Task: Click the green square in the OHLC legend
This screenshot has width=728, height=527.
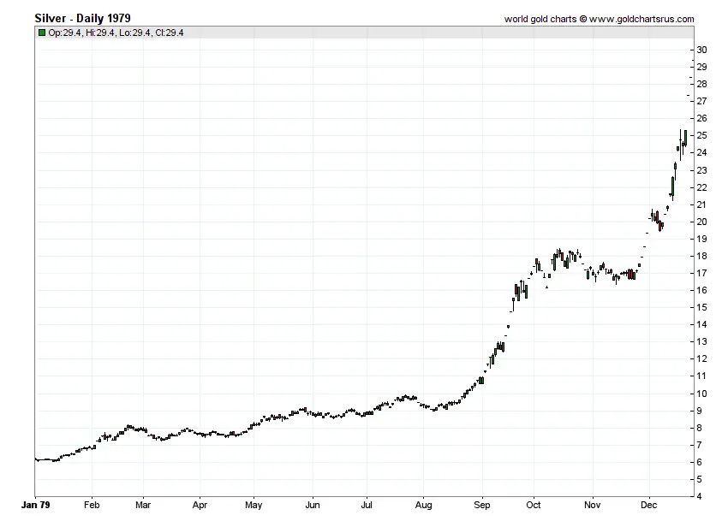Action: click(42, 33)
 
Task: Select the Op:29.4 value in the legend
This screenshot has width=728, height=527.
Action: click(66, 33)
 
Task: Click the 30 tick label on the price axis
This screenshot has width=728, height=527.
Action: click(701, 50)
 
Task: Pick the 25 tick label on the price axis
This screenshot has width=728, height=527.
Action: click(701, 135)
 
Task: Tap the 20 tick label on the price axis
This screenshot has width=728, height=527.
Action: click(701, 222)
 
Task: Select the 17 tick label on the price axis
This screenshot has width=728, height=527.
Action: click(701, 273)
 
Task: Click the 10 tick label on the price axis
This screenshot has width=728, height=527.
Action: click(701, 394)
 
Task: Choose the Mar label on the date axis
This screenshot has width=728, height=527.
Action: click(143, 506)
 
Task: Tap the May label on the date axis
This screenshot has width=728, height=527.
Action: click(253, 506)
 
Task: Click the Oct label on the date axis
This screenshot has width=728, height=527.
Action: click(534, 506)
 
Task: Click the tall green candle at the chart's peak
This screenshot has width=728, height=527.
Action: click(685, 139)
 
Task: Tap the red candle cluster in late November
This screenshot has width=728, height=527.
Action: click(631, 275)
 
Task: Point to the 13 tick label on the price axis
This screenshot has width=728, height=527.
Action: click(701, 341)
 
